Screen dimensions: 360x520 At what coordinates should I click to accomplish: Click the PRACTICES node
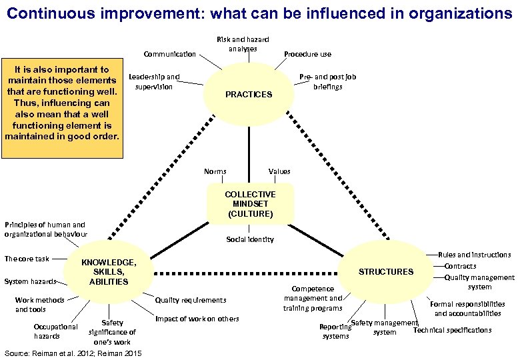click(x=249, y=95)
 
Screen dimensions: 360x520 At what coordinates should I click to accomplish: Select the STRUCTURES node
click(x=386, y=271)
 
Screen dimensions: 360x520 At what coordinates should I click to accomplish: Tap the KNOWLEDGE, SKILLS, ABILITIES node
click(x=109, y=272)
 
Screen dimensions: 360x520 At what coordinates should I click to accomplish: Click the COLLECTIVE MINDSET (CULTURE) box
click(x=250, y=204)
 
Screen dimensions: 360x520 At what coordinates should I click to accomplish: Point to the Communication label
click(x=169, y=54)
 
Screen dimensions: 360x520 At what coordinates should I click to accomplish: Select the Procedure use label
click(x=307, y=54)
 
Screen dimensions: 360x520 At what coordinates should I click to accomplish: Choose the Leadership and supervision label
click(x=154, y=81)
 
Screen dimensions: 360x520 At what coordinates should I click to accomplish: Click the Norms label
click(x=215, y=171)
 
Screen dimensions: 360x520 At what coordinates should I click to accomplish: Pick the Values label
click(x=279, y=171)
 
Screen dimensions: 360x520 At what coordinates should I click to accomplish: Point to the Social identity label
click(x=249, y=239)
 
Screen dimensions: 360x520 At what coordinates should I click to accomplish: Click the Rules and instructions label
click(x=474, y=255)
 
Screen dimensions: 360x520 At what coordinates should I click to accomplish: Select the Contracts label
click(x=460, y=266)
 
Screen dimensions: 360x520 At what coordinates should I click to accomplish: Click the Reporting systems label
click(x=335, y=331)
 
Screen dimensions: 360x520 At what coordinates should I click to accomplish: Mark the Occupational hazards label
click(x=55, y=331)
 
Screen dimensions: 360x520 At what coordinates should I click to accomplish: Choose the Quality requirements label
click(x=190, y=300)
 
